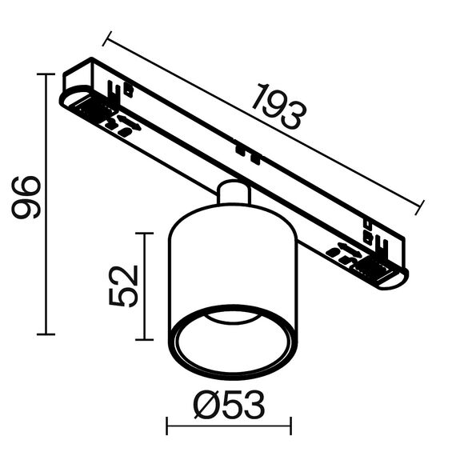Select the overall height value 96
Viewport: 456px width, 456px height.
26,197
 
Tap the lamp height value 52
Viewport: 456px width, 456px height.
124,286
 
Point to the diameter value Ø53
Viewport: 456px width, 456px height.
229,406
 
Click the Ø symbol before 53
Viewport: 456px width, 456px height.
206,406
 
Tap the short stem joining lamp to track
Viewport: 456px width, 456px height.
232,194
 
